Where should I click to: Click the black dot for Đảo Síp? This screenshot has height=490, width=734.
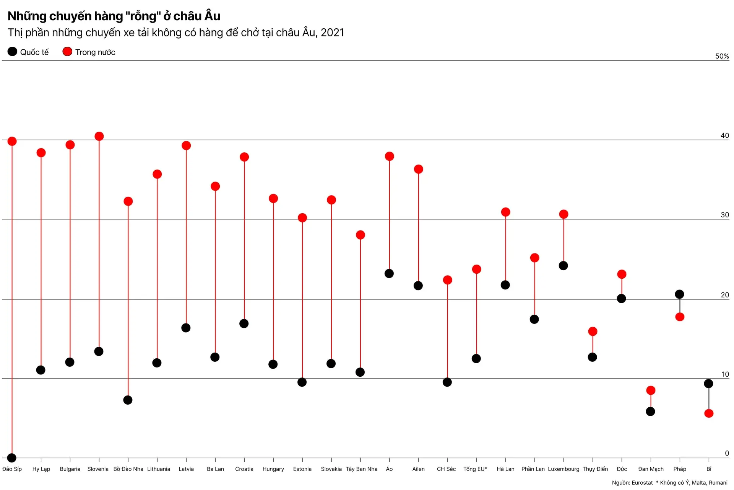pos(12,457)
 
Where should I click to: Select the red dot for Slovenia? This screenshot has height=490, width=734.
pos(99,136)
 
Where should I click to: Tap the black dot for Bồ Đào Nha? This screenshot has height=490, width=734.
pos(128,400)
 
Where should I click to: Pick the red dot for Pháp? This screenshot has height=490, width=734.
pos(680,317)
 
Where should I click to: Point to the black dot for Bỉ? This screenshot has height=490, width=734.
pos(708,384)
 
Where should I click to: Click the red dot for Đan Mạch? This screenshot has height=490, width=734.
pos(651,390)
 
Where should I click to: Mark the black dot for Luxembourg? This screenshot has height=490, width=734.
pos(563,266)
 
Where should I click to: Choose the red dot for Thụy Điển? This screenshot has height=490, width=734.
pos(593,332)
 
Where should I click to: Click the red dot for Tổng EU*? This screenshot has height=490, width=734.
pos(476,269)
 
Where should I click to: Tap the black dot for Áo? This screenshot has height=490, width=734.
pos(389,274)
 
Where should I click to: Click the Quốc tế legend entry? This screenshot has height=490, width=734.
pos(28,52)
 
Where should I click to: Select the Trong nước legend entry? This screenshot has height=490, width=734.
pos(89,52)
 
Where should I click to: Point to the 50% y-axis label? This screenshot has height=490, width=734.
pos(722,56)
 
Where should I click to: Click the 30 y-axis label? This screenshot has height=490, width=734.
pos(724,215)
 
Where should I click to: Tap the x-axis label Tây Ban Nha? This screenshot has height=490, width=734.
pos(361,469)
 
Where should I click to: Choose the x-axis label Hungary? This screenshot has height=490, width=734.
pos(273,469)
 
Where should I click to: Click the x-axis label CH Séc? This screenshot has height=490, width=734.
pos(446,469)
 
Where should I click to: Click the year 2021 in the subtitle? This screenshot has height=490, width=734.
pos(332,33)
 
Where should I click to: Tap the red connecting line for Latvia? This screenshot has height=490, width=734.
pos(186,237)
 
